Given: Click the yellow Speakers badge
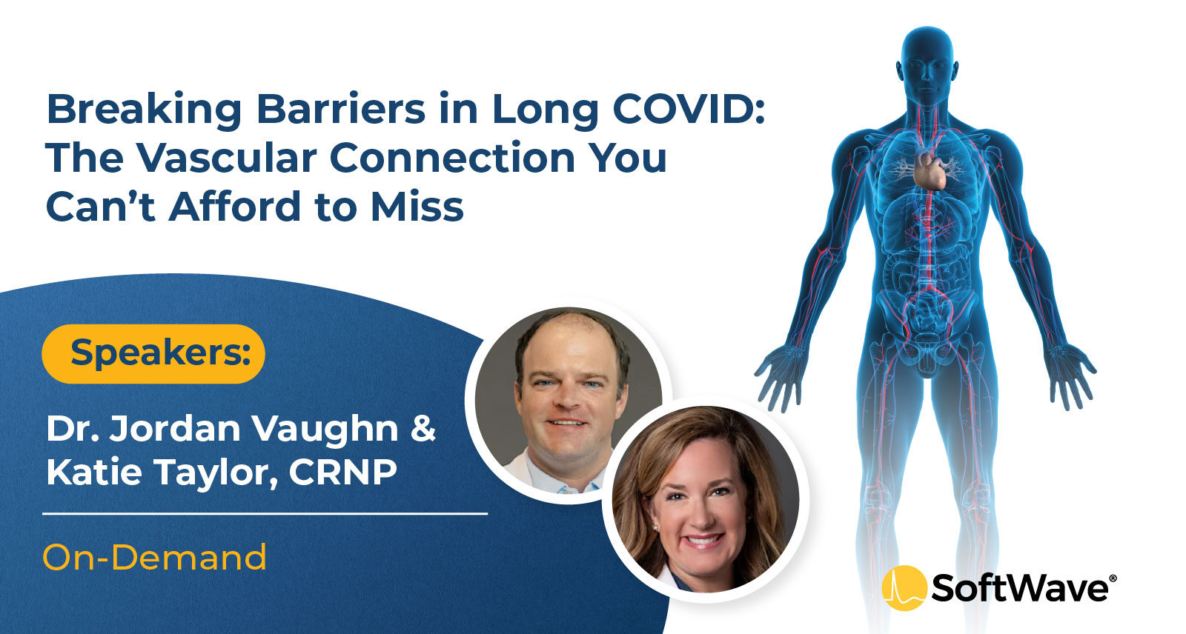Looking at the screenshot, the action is point(153,353).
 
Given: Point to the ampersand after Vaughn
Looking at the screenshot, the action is point(423,428).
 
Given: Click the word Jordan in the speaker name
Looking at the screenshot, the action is point(175,428).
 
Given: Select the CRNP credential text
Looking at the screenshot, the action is point(343,472).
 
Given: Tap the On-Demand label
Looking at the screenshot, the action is point(155,557).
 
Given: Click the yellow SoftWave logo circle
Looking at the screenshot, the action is point(904,588).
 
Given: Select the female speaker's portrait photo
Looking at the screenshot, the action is point(706,499).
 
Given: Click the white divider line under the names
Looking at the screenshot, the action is point(265,513).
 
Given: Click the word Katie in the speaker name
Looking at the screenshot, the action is point(94,472).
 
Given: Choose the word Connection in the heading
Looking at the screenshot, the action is point(452,158).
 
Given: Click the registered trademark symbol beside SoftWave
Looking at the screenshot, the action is point(1113,578).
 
